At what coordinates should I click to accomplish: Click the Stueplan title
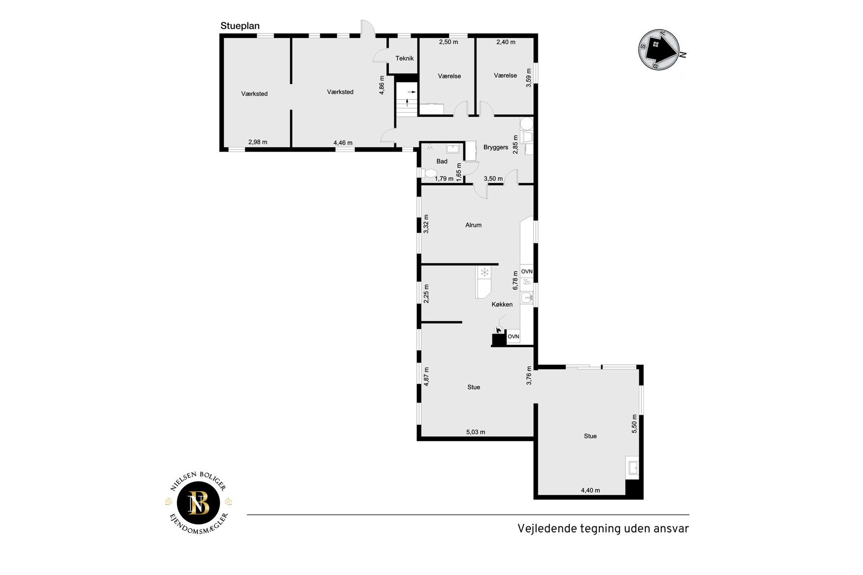point(240,26)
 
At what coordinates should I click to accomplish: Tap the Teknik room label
point(405,58)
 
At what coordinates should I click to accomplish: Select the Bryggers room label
point(496,147)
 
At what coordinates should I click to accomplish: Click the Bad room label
point(442,161)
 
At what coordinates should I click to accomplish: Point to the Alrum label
point(474,225)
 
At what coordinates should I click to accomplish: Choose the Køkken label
point(502,304)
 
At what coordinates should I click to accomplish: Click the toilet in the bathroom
point(428,173)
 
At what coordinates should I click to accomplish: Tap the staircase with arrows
point(407,100)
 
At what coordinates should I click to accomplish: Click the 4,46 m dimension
point(343,143)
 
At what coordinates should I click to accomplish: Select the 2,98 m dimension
point(258,142)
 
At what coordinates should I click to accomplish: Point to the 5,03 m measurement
point(476,432)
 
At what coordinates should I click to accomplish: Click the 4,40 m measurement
point(590,490)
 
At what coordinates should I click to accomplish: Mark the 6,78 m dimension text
point(516,280)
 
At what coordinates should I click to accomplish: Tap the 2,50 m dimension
point(449,42)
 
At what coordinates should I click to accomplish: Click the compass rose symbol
point(659,49)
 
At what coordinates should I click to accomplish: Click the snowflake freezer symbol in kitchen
point(484,272)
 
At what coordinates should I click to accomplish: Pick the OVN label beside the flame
point(513,337)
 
